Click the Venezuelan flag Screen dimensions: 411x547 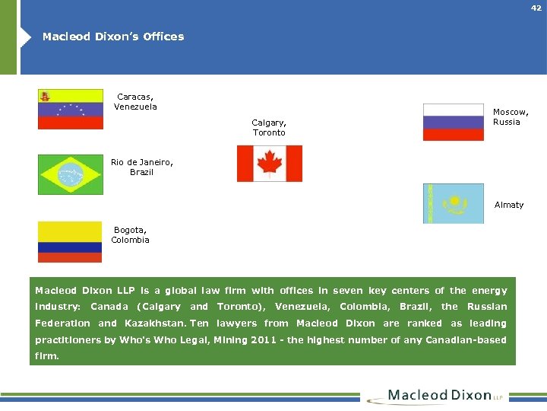click(71, 109)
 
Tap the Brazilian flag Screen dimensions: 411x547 click(71, 174)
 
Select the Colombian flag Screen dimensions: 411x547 click(70, 241)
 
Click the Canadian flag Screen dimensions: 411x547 click(269, 164)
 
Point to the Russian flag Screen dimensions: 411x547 click(453, 123)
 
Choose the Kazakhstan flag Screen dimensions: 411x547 click(453, 203)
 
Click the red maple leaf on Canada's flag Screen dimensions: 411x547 click(269, 164)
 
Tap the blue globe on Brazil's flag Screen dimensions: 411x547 click(71, 174)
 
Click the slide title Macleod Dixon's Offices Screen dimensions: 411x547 click(113, 37)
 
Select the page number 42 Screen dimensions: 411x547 click(536, 8)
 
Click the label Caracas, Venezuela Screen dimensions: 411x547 click(135, 101)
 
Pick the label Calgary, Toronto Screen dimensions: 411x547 click(269, 127)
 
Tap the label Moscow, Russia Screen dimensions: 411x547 click(511, 116)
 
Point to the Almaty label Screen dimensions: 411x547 click(509, 205)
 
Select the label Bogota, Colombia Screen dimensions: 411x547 click(130, 234)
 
